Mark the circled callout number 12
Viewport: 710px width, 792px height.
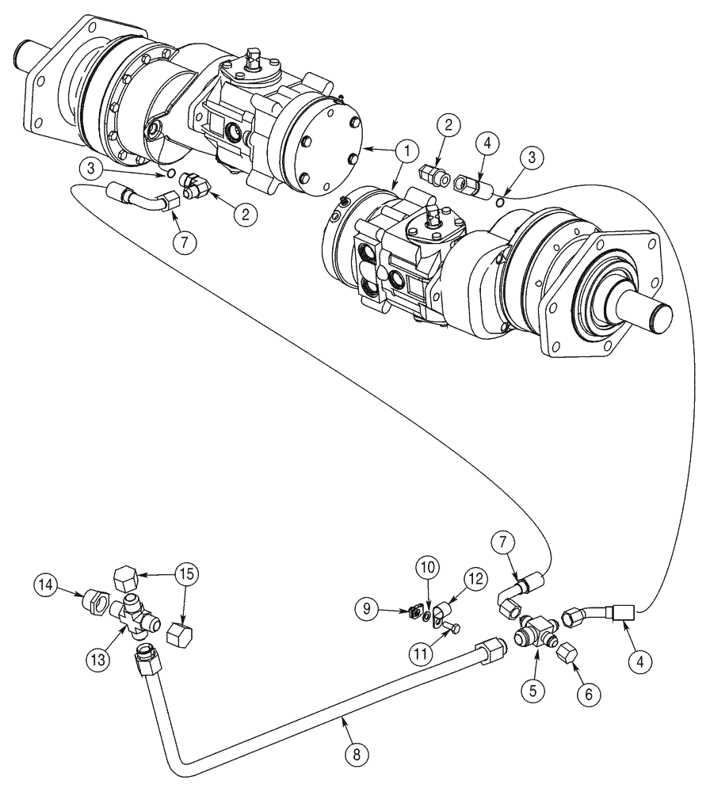click(x=475, y=580)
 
